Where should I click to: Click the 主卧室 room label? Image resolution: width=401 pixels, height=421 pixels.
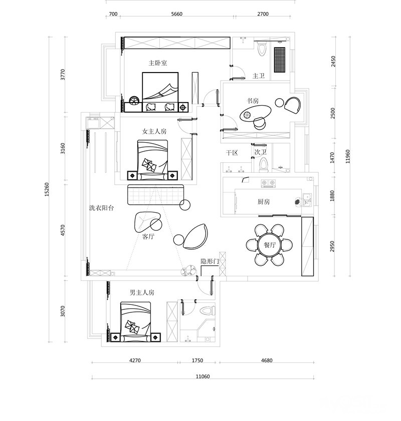click(158, 63)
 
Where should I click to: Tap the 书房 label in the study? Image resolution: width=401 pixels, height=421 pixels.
click(253, 101)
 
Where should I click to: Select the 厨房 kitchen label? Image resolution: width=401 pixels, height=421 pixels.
click(263, 202)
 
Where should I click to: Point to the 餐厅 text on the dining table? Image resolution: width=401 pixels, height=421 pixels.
click(270, 245)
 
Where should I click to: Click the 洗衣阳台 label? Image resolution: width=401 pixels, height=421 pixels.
click(102, 208)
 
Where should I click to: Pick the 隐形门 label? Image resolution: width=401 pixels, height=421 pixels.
click(210, 261)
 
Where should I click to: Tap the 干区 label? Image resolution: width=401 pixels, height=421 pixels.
click(232, 153)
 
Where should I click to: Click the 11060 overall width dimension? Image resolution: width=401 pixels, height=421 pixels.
click(203, 376)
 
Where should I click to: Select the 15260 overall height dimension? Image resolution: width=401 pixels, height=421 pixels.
click(47, 190)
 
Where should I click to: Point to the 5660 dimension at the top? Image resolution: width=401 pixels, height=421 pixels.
click(176, 14)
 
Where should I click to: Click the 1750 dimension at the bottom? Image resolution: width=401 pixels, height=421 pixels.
click(197, 360)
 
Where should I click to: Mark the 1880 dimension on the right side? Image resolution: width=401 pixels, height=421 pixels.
click(332, 196)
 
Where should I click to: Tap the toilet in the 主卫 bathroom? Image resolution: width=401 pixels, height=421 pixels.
click(262, 49)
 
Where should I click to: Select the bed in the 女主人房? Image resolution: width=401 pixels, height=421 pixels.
click(153, 160)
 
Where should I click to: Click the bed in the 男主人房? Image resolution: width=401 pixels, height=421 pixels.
click(135, 322)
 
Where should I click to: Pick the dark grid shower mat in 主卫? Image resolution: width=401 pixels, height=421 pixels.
click(280, 60)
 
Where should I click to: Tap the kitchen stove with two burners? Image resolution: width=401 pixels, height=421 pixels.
click(268, 183)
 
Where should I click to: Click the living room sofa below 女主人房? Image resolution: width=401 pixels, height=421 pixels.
click(155, 194)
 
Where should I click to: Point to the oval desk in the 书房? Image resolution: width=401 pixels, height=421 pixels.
click(255, 114)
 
